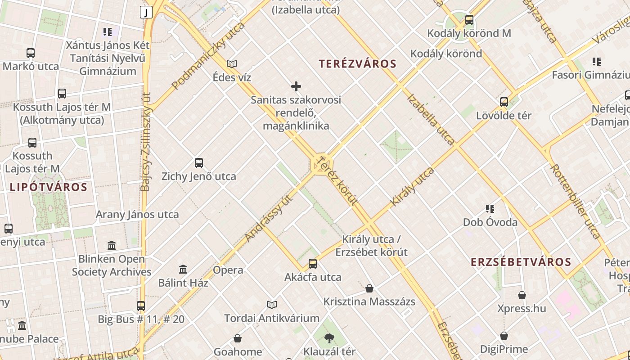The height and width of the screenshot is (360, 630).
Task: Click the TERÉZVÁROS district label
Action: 358,64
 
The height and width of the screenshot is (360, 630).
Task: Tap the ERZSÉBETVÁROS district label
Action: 521,262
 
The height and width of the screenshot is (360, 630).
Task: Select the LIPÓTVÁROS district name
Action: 49,187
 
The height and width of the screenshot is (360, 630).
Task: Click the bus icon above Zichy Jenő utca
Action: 199,162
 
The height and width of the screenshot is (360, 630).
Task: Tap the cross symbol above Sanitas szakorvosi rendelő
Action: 296,86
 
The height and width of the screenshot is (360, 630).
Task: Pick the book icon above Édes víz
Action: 232,64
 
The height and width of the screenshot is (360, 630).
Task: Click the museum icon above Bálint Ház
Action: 183,269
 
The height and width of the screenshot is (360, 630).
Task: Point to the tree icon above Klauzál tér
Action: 329,338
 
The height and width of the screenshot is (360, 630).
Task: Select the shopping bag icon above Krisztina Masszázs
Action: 369,288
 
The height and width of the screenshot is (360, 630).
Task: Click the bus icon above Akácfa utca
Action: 313,264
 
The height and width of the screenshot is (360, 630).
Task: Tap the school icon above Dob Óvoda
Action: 490,208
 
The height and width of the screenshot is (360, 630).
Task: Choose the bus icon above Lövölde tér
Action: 504,102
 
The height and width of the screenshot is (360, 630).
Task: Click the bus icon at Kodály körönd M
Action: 469,20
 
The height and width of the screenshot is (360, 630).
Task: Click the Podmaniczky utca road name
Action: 208,55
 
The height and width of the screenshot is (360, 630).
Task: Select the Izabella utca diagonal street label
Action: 431,119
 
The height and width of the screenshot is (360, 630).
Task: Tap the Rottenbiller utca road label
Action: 575,201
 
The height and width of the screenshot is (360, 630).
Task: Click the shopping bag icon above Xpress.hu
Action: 522,295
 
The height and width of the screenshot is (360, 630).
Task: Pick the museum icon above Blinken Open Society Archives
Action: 112,245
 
